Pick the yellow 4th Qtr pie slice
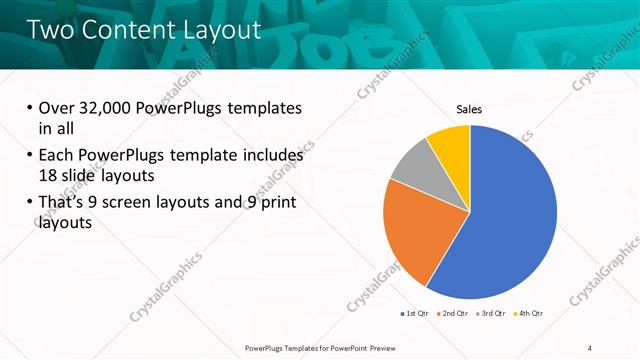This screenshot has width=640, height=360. pos(451,144)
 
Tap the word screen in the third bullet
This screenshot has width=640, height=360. pos(154,203)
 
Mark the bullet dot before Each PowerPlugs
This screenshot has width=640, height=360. pos(28,156)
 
